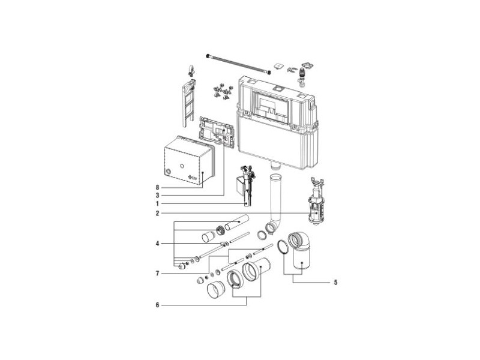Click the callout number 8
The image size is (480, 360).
(x=157, y=187)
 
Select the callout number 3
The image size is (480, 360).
(x=157, y=196)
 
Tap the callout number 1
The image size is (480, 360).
(x=157, y=204)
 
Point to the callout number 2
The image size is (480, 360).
(x=157, y=214)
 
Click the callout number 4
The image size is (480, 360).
(x=157, y=244)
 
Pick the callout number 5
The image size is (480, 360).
(x=335, y=282)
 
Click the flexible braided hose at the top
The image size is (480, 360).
(x=239, y=64)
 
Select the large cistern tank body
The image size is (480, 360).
(x=277, y=122)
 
